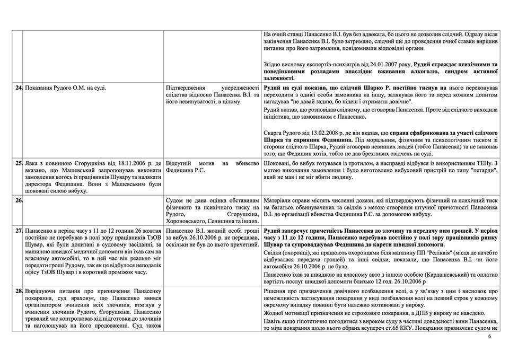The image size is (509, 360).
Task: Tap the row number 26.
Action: tap(19, 200)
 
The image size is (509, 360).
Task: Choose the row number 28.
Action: tap(19, 292)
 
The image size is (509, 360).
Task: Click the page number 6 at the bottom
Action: tap(489, 336)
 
